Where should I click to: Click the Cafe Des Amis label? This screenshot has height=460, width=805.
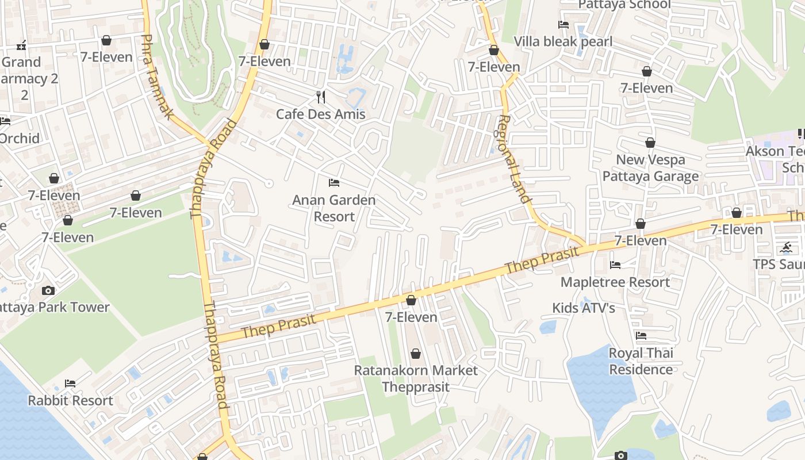(x=320, y=114)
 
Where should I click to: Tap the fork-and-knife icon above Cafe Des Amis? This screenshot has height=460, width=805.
(x=321, y=97)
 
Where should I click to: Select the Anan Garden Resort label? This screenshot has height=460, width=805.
(x=334, y=208)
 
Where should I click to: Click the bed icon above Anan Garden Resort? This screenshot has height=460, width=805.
(x=334, y=183)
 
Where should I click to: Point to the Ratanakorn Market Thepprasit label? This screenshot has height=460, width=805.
(x=416, y=378)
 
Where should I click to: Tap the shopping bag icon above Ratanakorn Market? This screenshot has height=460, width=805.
(x=416, y=354)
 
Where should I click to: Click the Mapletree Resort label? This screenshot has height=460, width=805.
(x=615, y=282)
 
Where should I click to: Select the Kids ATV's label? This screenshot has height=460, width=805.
(x=584, y=308)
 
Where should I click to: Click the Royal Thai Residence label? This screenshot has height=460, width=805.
(x=641, y=361)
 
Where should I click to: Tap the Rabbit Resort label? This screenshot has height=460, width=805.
(x=70, y=400)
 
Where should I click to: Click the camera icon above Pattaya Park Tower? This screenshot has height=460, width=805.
(x=48, y=290)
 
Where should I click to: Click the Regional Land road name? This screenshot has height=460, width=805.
(x=513, y=159)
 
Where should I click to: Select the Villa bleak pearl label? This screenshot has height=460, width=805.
(x=563, y=41)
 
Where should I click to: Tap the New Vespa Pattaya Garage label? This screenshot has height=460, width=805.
(x=650, y=168)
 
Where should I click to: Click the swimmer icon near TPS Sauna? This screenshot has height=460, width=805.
(x=786, y=248)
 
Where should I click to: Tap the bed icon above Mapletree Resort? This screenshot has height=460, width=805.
(x=615, y=265)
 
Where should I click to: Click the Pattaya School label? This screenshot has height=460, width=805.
(x=624, y=5)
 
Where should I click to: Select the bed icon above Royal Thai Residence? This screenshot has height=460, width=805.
(x=641, y=336)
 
